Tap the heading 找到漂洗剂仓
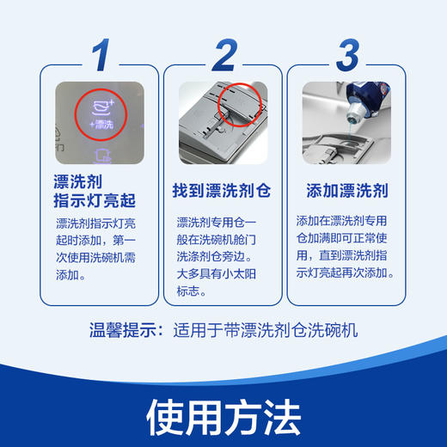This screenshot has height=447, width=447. (x=223, y=190)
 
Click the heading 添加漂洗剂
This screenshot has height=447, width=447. (x=346, y=190)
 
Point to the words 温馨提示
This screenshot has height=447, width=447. (x=125, y=329)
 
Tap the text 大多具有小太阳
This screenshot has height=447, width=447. (x=218, y=273)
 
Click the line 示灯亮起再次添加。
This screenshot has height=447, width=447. (x=346, y=273)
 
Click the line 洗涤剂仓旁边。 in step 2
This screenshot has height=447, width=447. (x=218, y=255)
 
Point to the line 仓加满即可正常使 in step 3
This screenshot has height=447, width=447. (x=346, y=237)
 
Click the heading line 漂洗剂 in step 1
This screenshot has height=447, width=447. (x=77, y=181)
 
